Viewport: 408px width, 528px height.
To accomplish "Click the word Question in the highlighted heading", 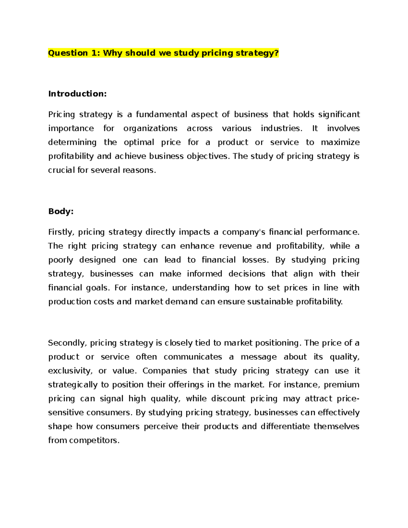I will [68, 53].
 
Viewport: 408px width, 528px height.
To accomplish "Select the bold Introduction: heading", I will [78, 94].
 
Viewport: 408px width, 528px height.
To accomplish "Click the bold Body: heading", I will [61, 211].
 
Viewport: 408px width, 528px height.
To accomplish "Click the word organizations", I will [150, 129].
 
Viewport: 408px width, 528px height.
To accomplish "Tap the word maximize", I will [340, 142].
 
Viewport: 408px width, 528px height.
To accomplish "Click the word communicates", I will [192, 357].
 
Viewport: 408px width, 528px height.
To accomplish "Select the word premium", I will [341, 385].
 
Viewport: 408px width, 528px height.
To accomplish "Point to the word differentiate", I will [285, 427].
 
